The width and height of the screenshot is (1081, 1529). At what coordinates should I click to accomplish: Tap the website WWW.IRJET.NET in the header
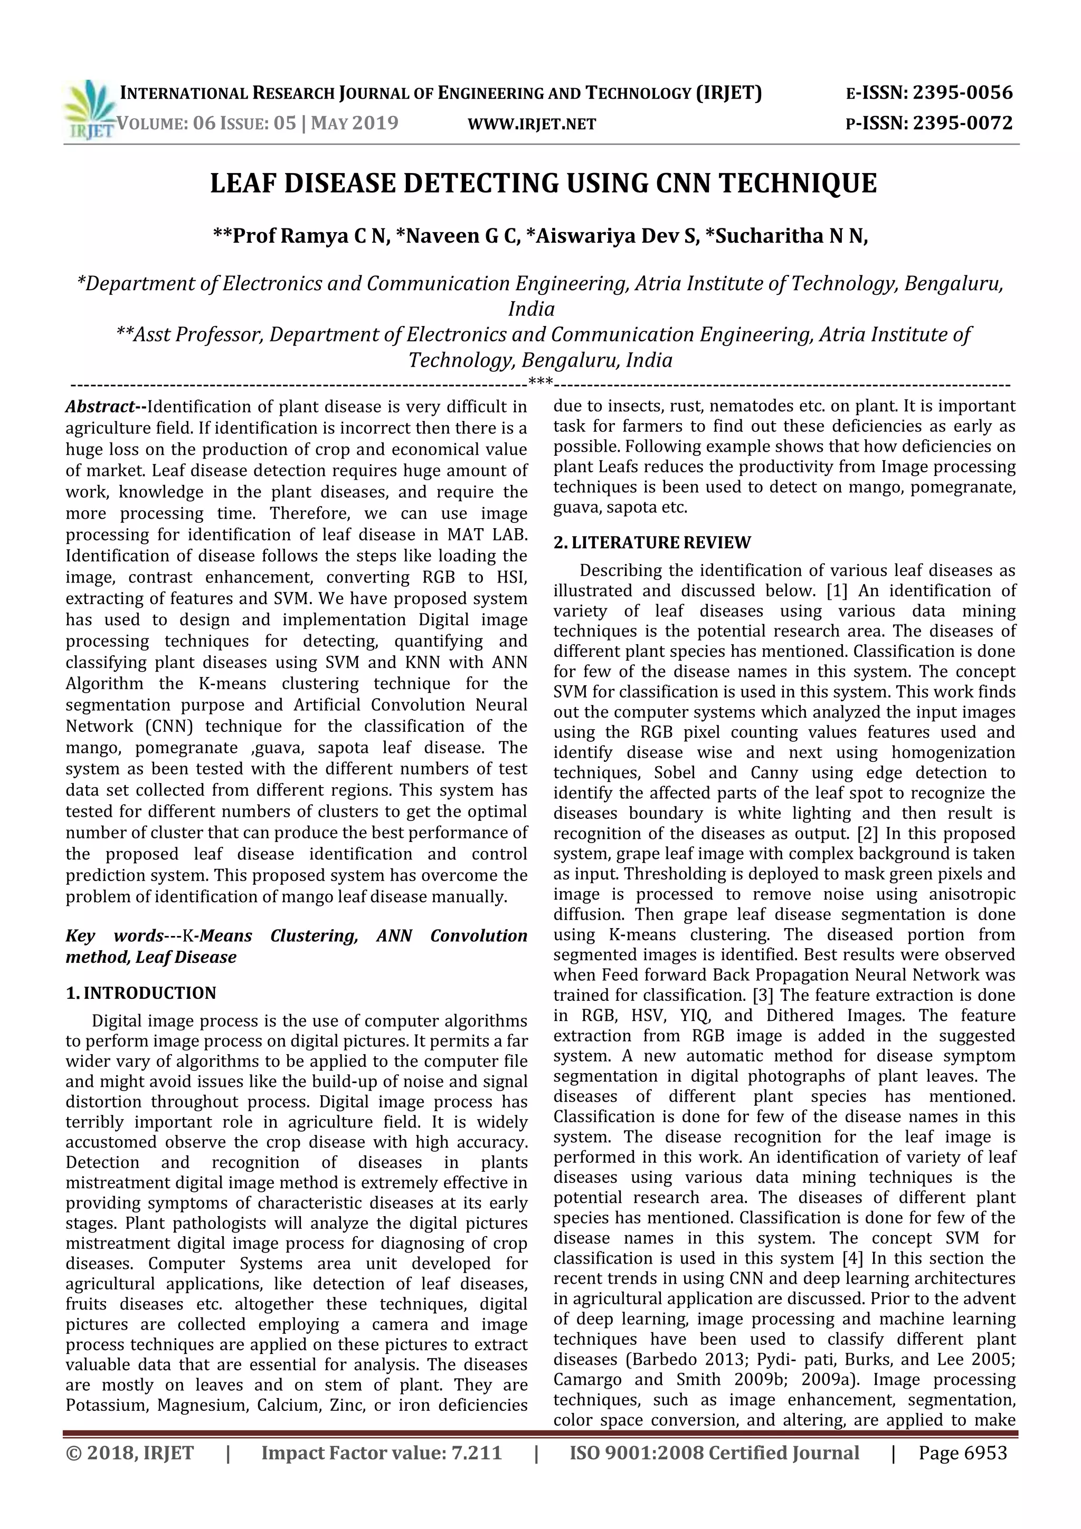532,124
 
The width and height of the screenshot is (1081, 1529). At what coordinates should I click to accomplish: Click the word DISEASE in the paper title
341,183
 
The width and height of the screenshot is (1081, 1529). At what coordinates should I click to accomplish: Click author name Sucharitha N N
791,236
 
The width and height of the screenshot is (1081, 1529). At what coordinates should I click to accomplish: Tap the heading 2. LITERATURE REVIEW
652,543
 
